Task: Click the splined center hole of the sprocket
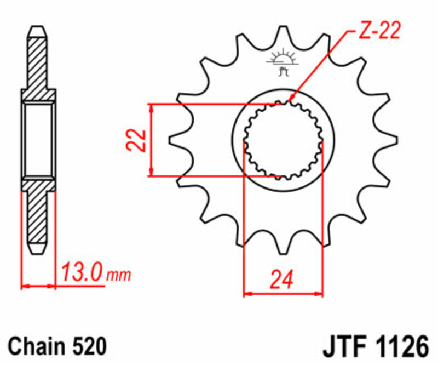coord(283,140)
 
